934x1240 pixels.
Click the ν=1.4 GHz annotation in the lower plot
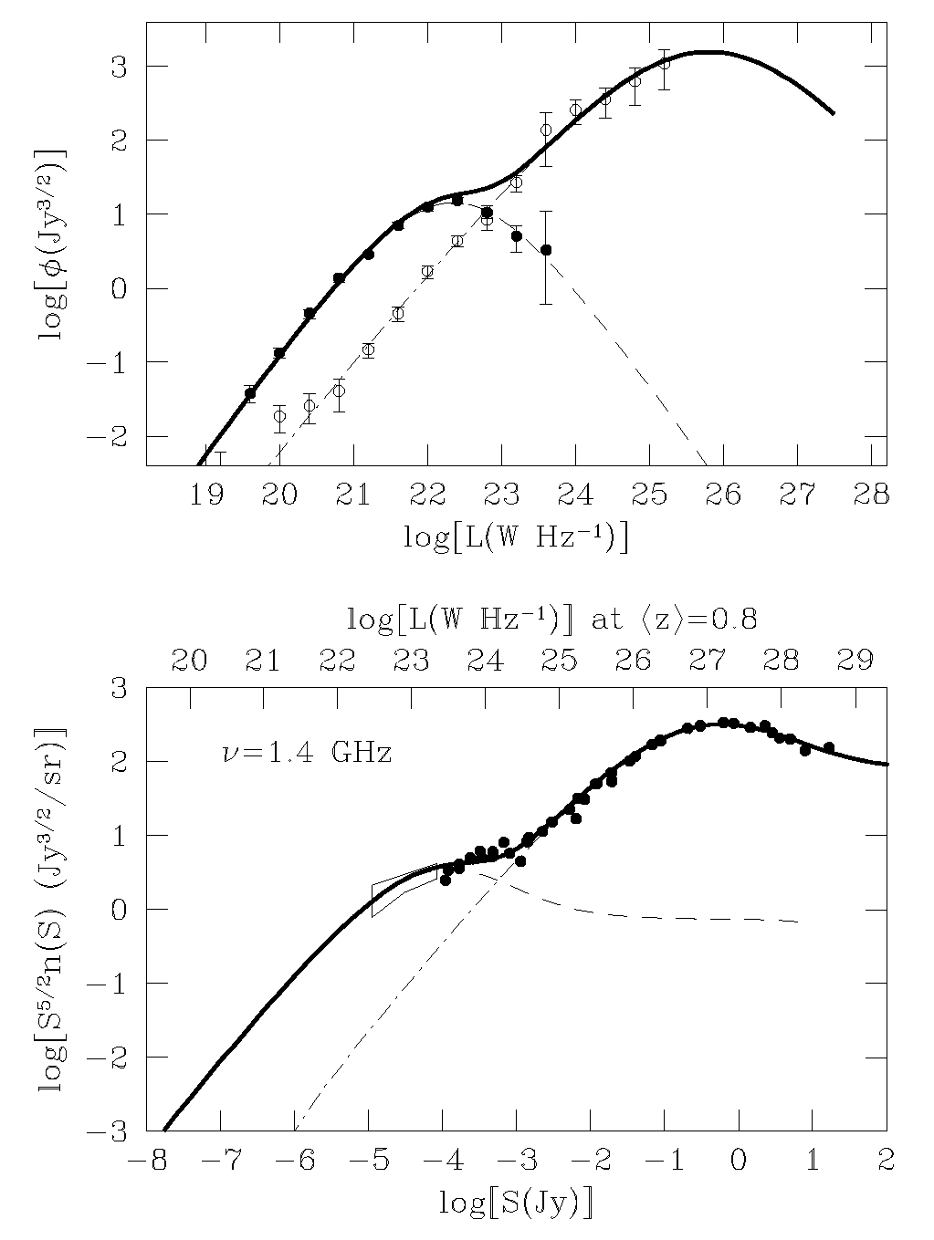tap(307, 754)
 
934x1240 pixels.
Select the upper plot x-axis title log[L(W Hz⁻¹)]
tap(516, 537)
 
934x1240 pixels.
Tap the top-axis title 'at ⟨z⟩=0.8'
tap(676, 620)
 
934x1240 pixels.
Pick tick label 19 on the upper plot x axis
tap(206, 495)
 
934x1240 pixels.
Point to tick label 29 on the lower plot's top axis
tap(857, 662)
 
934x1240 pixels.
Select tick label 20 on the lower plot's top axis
tap(189, 662)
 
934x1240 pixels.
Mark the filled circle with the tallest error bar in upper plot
tap(546, 249)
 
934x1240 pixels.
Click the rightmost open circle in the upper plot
tap(664, 63)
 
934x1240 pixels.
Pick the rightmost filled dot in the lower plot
tap(829, 747)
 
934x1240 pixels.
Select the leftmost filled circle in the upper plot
tap(250, 393)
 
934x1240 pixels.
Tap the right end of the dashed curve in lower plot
tap(800, 922)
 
